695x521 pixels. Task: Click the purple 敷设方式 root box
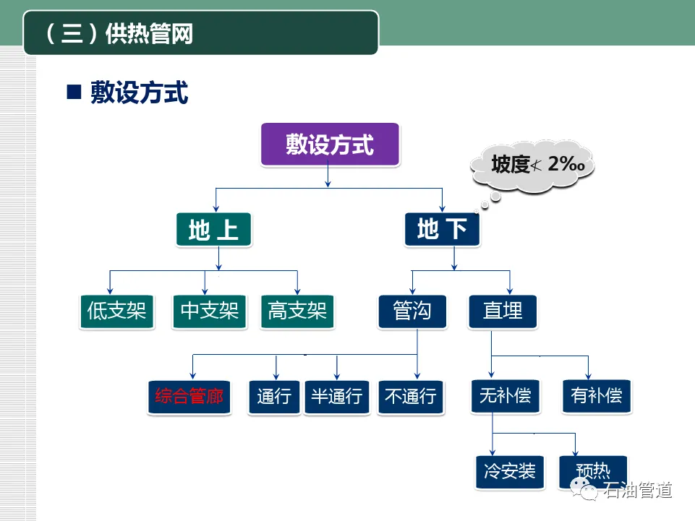coord(330,145)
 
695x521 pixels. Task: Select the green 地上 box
coord(213,230)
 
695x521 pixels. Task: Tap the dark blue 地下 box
coord(442,230)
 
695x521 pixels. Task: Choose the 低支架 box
coord(116,311)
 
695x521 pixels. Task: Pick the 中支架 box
coord(210,311)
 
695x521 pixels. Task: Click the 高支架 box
coord(297,311)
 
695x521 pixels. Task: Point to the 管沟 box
coord(412,311)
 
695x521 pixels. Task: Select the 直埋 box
coord(503,311)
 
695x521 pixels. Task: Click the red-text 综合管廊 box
coord(189,396)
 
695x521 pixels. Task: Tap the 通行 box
coord(274,396)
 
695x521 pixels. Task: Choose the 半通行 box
coord(337,396)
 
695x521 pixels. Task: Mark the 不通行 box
coord(410,396)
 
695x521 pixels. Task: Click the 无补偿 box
coord(505,396)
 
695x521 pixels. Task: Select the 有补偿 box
coord(596,396)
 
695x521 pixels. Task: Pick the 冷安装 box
coord(510,472)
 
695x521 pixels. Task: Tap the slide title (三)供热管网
coord(120,34)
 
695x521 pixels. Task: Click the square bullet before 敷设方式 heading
coord(73,93)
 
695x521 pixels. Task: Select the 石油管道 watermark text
coord(638,491)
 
